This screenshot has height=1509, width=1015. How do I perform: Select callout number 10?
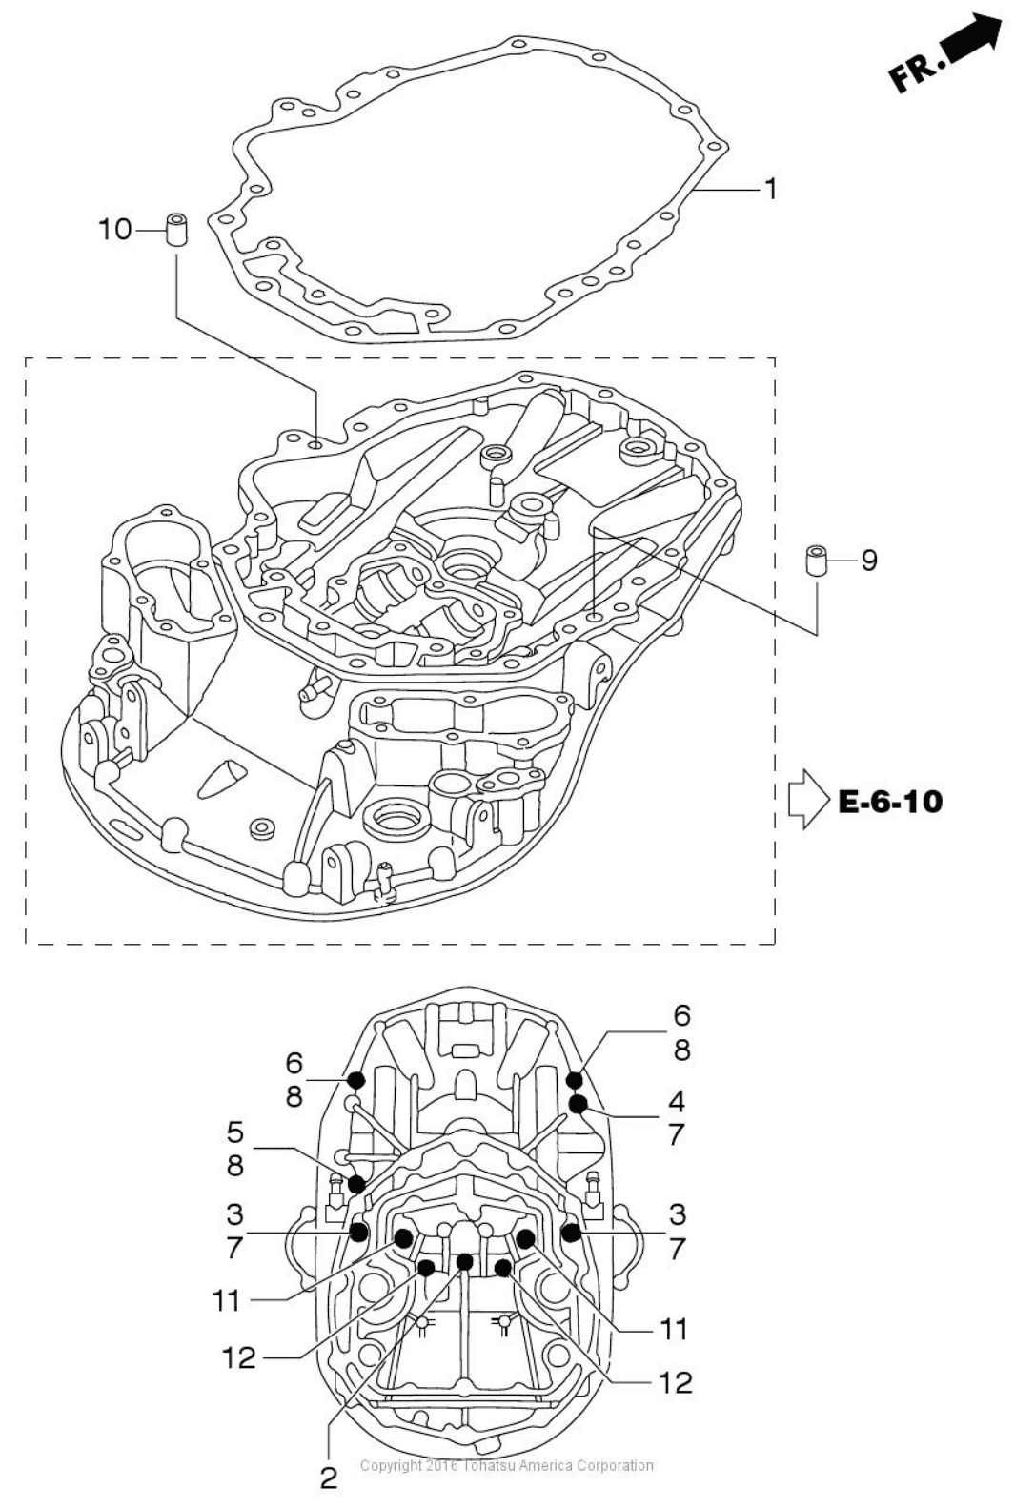tap(115, 230)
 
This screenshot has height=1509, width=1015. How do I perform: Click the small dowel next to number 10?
tap(176, 230)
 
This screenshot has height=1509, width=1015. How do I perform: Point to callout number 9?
tap(869, 560)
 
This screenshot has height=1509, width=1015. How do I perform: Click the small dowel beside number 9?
tap(817, 561)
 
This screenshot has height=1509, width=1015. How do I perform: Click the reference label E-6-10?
tap(890, 802)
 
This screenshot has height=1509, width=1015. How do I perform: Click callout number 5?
tap(235, 1132)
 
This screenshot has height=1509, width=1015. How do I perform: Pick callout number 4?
tap(677, 1102)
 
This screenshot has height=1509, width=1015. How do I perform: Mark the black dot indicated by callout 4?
tap(578, 1104)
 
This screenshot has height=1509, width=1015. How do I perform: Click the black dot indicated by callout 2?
tap(465, 1262)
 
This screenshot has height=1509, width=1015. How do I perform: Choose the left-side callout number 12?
tap(239, 1358)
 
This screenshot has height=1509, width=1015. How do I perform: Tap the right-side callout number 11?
tap(672, 1331)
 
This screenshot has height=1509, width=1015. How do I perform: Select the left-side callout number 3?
tap(234, 1215)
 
